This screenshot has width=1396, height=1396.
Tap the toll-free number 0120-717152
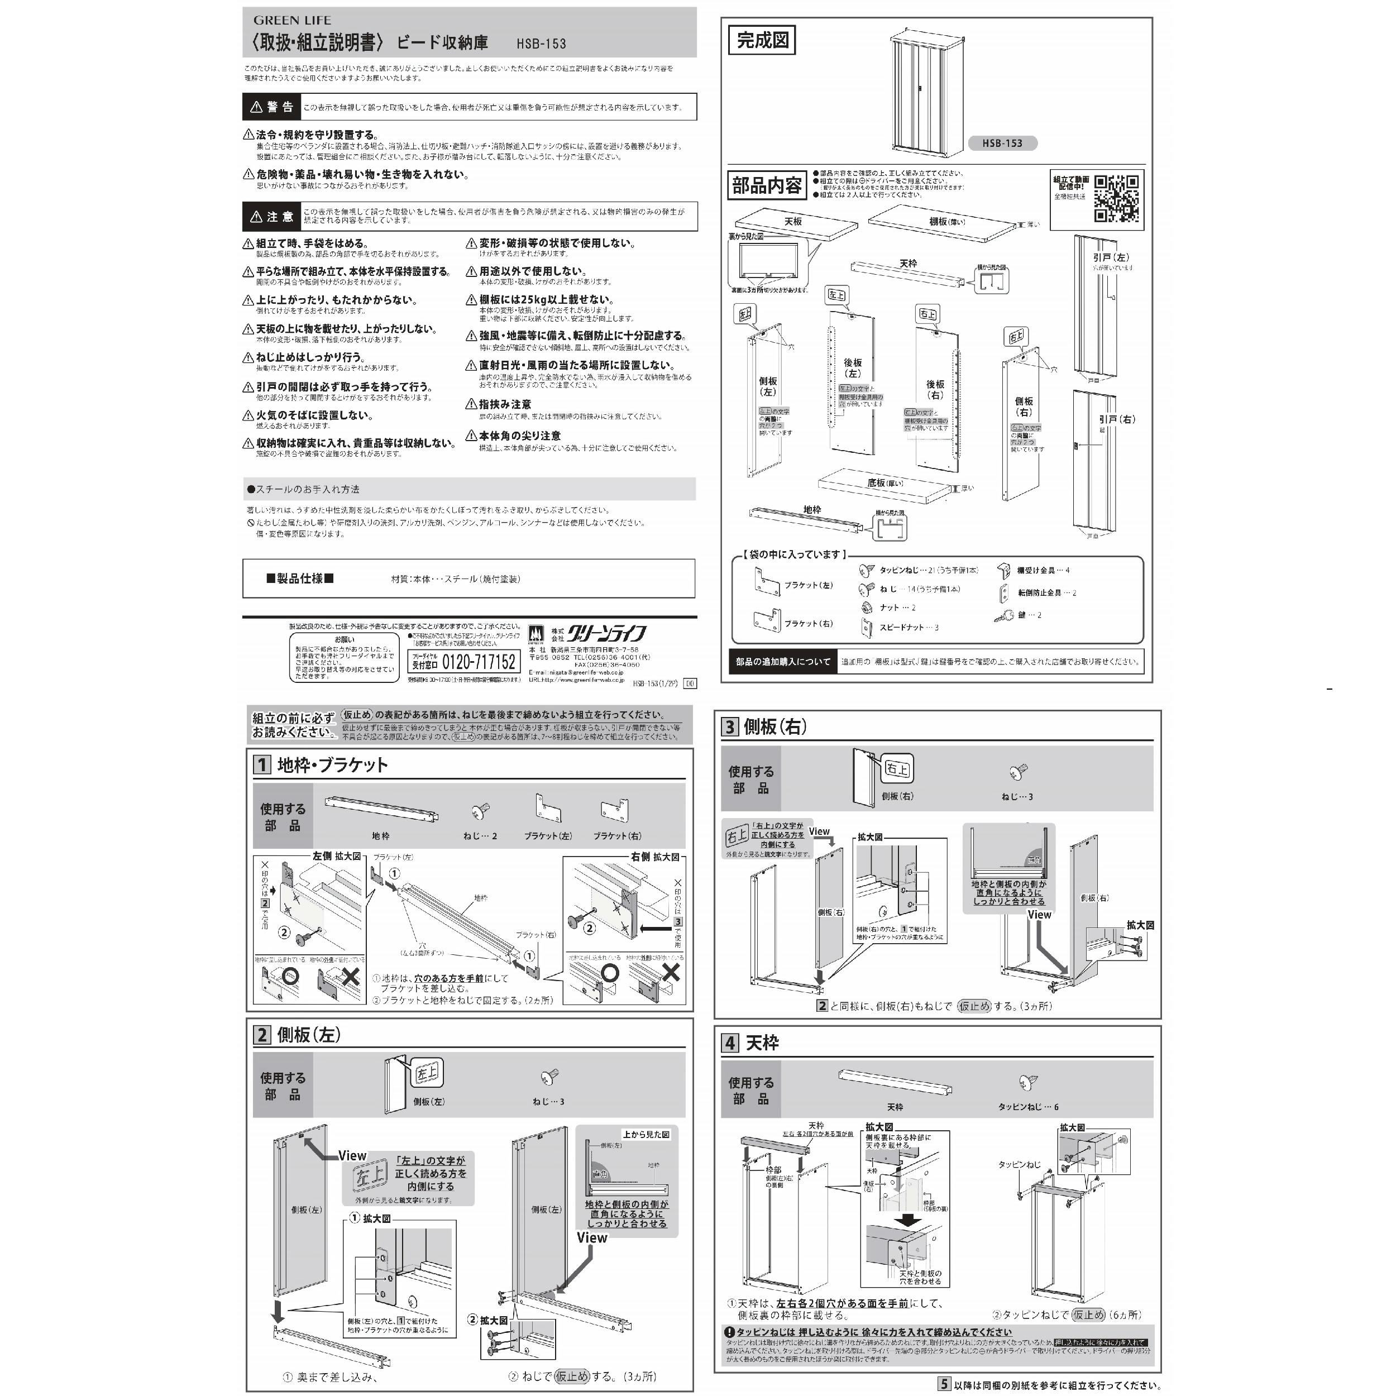pyautogui.click(x=479, y=662)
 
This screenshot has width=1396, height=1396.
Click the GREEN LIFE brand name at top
pyautogui.click(x=292, y=20)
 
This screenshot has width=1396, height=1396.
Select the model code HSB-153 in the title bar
pyautogui.click(x=541, y=44)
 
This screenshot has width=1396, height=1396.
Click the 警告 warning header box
pyautogui.click(x=272, y=107)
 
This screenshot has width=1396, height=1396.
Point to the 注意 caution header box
pyautogui.click(x=272, y=217)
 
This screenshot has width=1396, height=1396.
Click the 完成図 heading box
pyautogui.click(x=762, y=40)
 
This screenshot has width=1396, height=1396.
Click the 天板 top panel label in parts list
pyautogui.click(x=793, y=222)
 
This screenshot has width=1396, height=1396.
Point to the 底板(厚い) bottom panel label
pyautogui.click(x=885, y=482)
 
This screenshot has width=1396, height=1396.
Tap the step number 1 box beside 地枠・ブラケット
pyautogui.click(x=261, y=764)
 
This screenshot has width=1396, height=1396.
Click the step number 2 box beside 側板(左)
pyautogui.click(x=261, y=1035)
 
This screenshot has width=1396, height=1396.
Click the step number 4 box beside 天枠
pyautogui.click(x=730, y=1043)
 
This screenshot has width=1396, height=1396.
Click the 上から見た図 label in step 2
pyautogui.click(x=646, y=1135)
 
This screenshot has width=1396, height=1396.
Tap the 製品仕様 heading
pyautogui.click(x=300, y=578)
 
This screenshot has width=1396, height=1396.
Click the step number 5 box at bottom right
pyautogui.click(x=944, y=1384)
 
